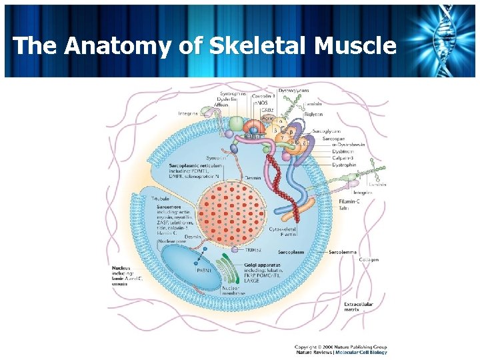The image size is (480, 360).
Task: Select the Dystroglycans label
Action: pos(293,91)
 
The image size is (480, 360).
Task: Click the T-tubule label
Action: pos(160,199)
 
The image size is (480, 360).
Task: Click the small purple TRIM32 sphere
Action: pos(235,250)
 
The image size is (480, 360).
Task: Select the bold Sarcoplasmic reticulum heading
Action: pos(194,164)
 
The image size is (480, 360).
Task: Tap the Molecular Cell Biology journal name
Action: pos(363,352)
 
